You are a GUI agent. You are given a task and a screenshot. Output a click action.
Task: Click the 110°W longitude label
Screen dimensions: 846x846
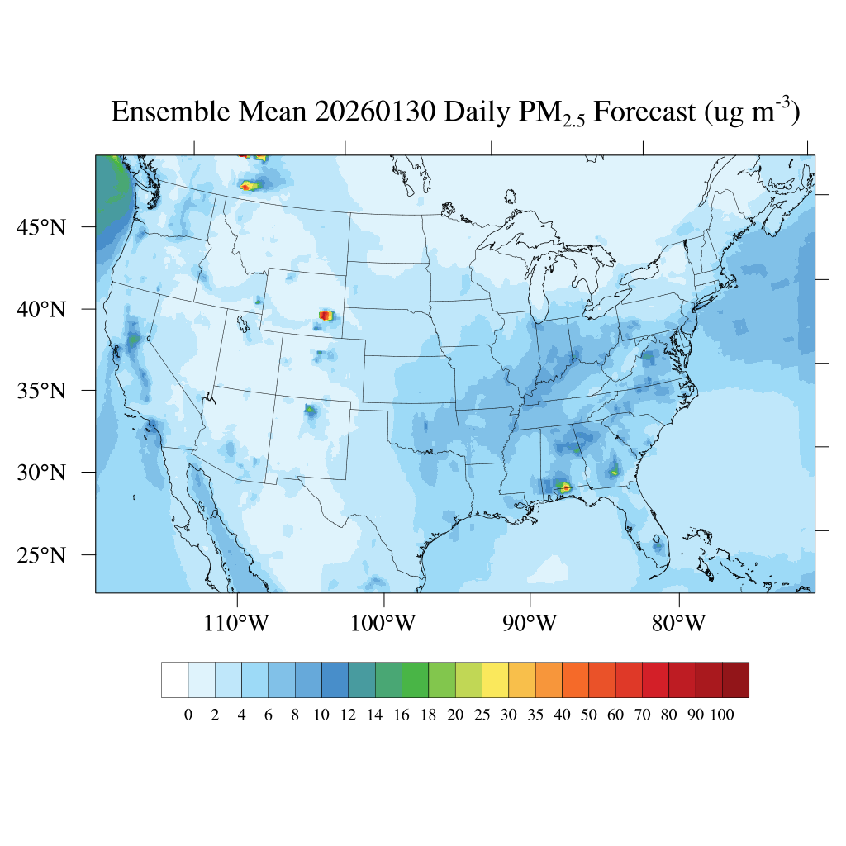coord(236,623)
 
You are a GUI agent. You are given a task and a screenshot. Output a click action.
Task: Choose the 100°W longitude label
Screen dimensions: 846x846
coord(383,623)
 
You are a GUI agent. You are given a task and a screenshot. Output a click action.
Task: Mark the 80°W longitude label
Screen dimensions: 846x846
coord(678,623)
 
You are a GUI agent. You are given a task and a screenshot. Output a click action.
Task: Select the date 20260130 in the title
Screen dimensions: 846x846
coord(374,112)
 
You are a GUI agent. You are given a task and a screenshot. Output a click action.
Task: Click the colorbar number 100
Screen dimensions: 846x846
coord(721,715)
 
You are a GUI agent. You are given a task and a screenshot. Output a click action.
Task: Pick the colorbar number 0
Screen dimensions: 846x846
coord(188,715)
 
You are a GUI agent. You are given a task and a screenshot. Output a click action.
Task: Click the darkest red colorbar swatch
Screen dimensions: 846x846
coord(735,680)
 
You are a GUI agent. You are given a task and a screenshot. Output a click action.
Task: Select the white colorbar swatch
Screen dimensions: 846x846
coord(175,680)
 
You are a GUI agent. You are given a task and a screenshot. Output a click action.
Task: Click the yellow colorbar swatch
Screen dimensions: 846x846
coord(495,680)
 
